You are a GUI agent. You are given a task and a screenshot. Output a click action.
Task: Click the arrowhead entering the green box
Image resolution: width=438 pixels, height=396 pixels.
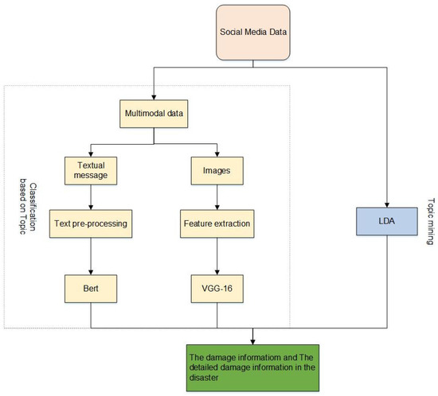click(x=252, y=335)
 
